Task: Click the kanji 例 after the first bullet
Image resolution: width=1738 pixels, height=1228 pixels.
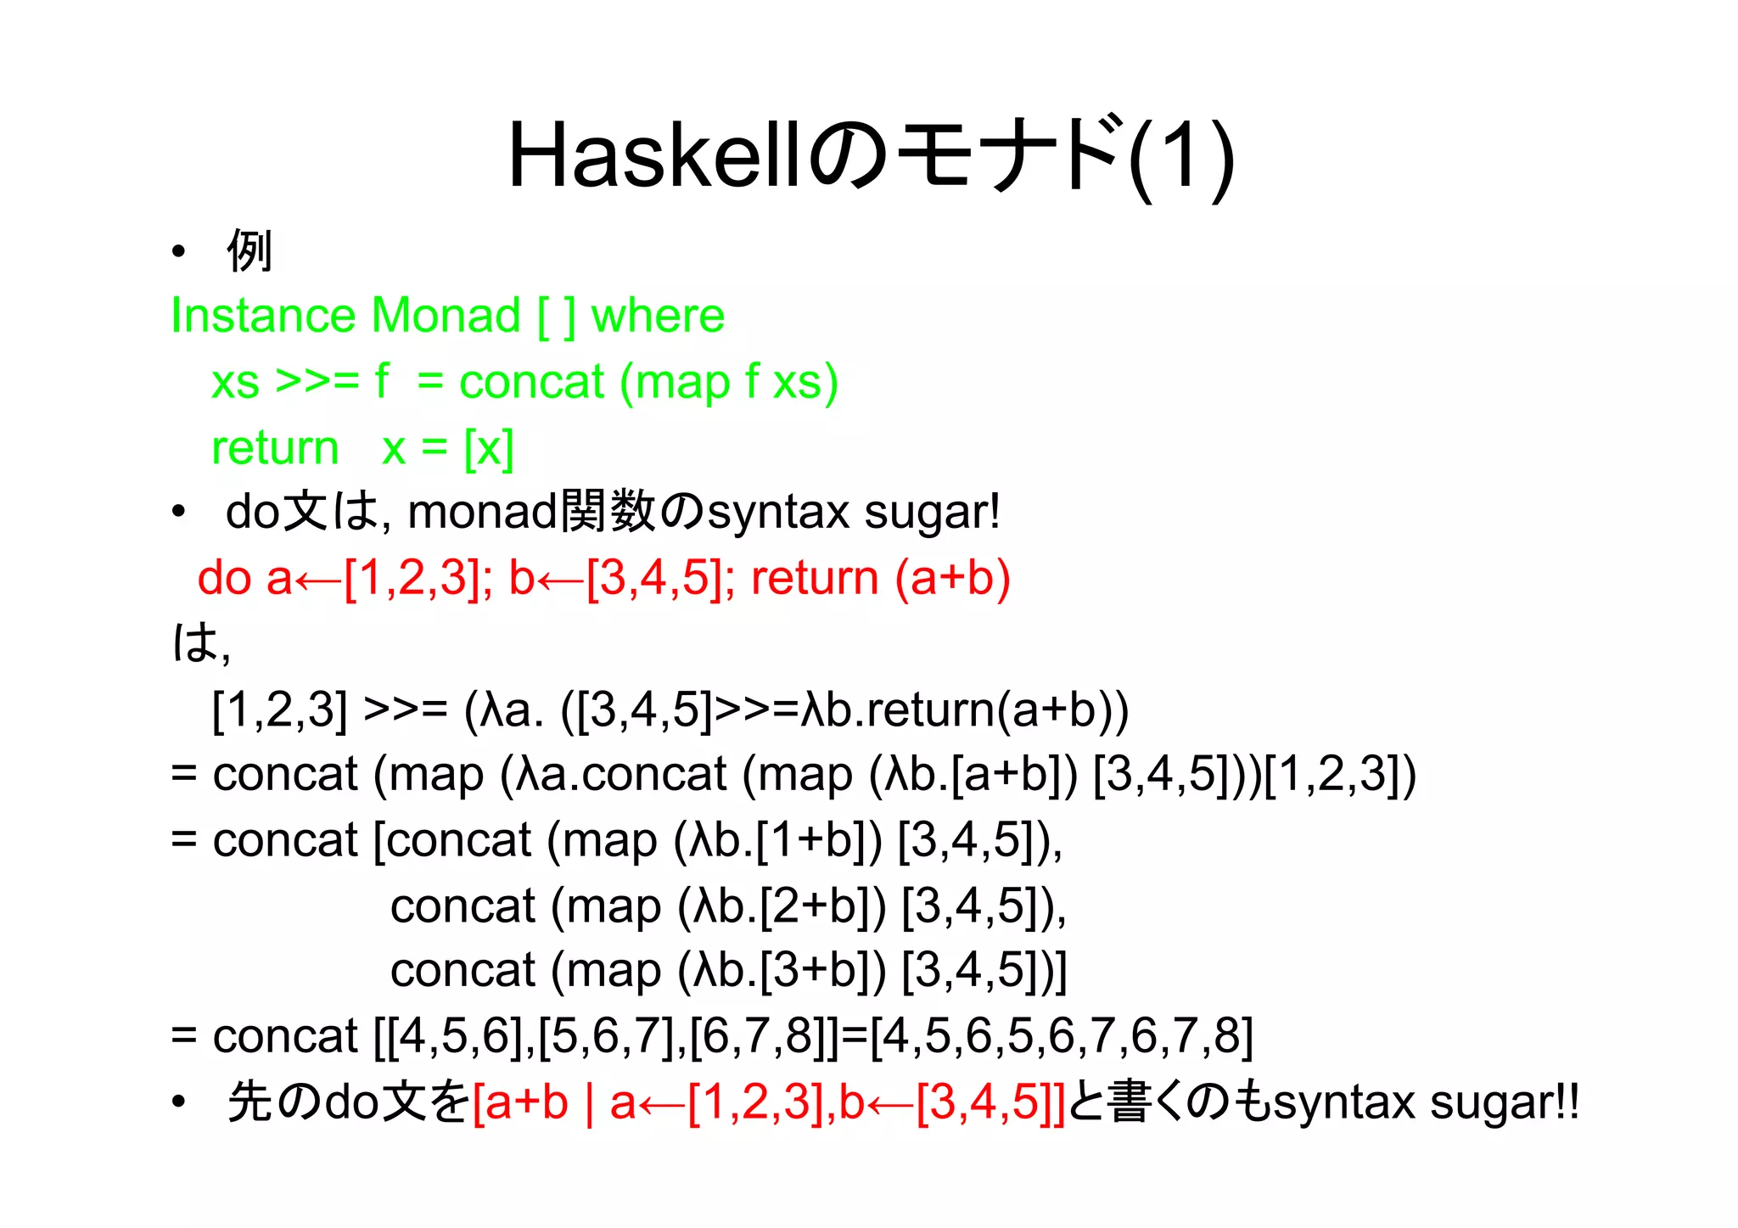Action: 249,251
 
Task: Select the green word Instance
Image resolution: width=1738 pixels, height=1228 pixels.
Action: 261,316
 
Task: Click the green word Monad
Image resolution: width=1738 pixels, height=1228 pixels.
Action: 446,316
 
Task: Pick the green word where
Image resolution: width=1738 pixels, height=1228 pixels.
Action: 658,316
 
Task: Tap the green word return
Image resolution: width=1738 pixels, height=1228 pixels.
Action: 274,447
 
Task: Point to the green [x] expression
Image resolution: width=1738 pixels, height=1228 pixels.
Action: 489,447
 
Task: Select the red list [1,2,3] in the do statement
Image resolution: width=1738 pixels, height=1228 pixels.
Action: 412,578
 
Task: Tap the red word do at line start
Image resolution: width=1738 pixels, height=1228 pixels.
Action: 224,578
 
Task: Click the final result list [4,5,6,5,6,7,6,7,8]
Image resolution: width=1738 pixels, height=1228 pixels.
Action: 1062,1035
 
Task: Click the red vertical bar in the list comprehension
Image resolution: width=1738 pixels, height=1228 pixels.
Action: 588,1102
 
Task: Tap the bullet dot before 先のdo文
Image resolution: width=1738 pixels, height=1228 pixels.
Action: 178,1102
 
